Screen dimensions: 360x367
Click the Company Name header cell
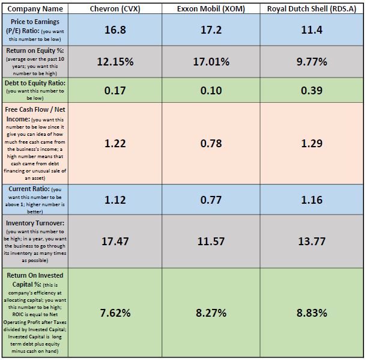tap(35, 9)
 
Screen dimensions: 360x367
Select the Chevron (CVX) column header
tap(115, 9)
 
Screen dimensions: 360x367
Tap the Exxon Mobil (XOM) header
tap(211, 9)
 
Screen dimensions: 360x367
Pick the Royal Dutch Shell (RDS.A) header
tap(311, 9)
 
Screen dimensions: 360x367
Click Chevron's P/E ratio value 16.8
tap(115, 29)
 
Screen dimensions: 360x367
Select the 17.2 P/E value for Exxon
tap(211, 29)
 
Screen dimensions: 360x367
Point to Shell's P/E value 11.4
tap(311, 29)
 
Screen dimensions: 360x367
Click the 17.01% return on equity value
tap(211, 61)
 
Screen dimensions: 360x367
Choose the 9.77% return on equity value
tap(311, 61)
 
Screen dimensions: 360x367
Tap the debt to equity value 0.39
tap(311, 91)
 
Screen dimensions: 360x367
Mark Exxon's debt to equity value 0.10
tap(211, 91)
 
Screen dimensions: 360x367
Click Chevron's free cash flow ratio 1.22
tap(115, 143)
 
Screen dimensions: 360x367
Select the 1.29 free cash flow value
tap(311, 143)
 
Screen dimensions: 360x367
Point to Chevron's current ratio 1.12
tap(115, 200)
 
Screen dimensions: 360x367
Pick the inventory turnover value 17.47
tap(115, 241)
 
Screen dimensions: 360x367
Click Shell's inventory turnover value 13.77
tap(311, 241)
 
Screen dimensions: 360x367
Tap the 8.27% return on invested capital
tap(211, 313)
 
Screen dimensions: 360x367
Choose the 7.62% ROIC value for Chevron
tap(115, 313)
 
